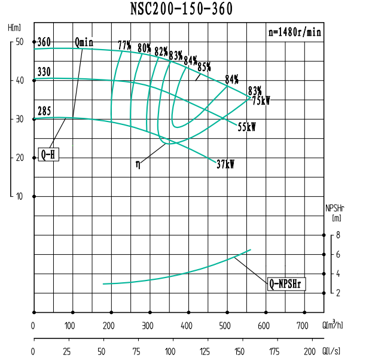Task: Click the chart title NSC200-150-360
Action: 181,8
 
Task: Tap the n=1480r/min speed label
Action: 294,33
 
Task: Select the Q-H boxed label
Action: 48,155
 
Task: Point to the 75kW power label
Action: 261,101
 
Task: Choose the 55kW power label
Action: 246,127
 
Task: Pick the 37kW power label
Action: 225,164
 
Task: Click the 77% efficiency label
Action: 124,45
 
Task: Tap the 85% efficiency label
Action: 204,66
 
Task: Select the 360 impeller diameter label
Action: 44,42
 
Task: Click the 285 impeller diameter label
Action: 44,111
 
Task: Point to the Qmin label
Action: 84,42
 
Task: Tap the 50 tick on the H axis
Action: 19,42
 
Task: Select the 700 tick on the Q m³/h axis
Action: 304,326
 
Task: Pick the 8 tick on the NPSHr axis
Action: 338,236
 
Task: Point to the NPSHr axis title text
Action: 335,209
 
